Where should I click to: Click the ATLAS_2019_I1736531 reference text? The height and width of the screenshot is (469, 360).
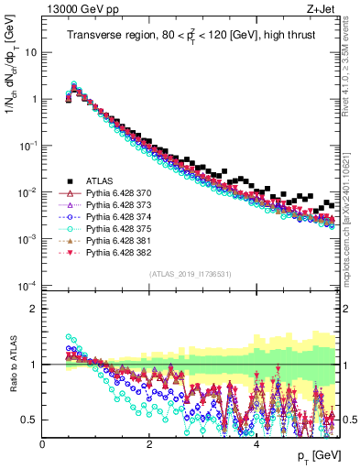coord(190,273)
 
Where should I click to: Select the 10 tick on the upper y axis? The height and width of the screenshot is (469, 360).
coord(31,52)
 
